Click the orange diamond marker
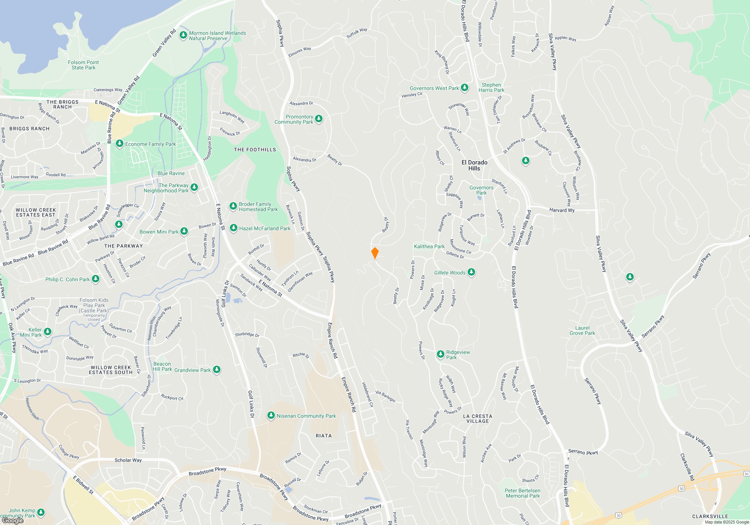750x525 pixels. tap(375, 253)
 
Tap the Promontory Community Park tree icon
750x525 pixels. tap(319, 119)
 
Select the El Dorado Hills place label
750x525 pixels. tap(474, 165)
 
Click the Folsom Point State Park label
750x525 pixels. tap(83, 65)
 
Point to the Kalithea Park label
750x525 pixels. tap(429, 246)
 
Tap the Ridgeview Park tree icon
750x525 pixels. tap(441, 354)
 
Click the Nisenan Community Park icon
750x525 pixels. tap(271, 415)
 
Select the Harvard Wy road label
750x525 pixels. tap(562, 210)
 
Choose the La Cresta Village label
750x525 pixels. tap(477, 418)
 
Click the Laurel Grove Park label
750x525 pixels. tap(582, 330)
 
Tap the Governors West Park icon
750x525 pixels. tap(465, 88)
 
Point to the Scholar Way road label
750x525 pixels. tap(128, 460)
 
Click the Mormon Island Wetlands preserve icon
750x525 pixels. tap(183, 35)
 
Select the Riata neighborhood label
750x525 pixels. tap(324, 436)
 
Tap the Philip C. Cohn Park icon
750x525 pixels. tap(96, 279)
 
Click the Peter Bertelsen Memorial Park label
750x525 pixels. tap(522, 493)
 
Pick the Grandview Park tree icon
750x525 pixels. tap(216, 370)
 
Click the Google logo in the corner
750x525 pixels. tap(13, 520)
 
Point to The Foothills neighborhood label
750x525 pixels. tap(255, 150)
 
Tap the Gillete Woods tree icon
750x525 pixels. tap(471, 272)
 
